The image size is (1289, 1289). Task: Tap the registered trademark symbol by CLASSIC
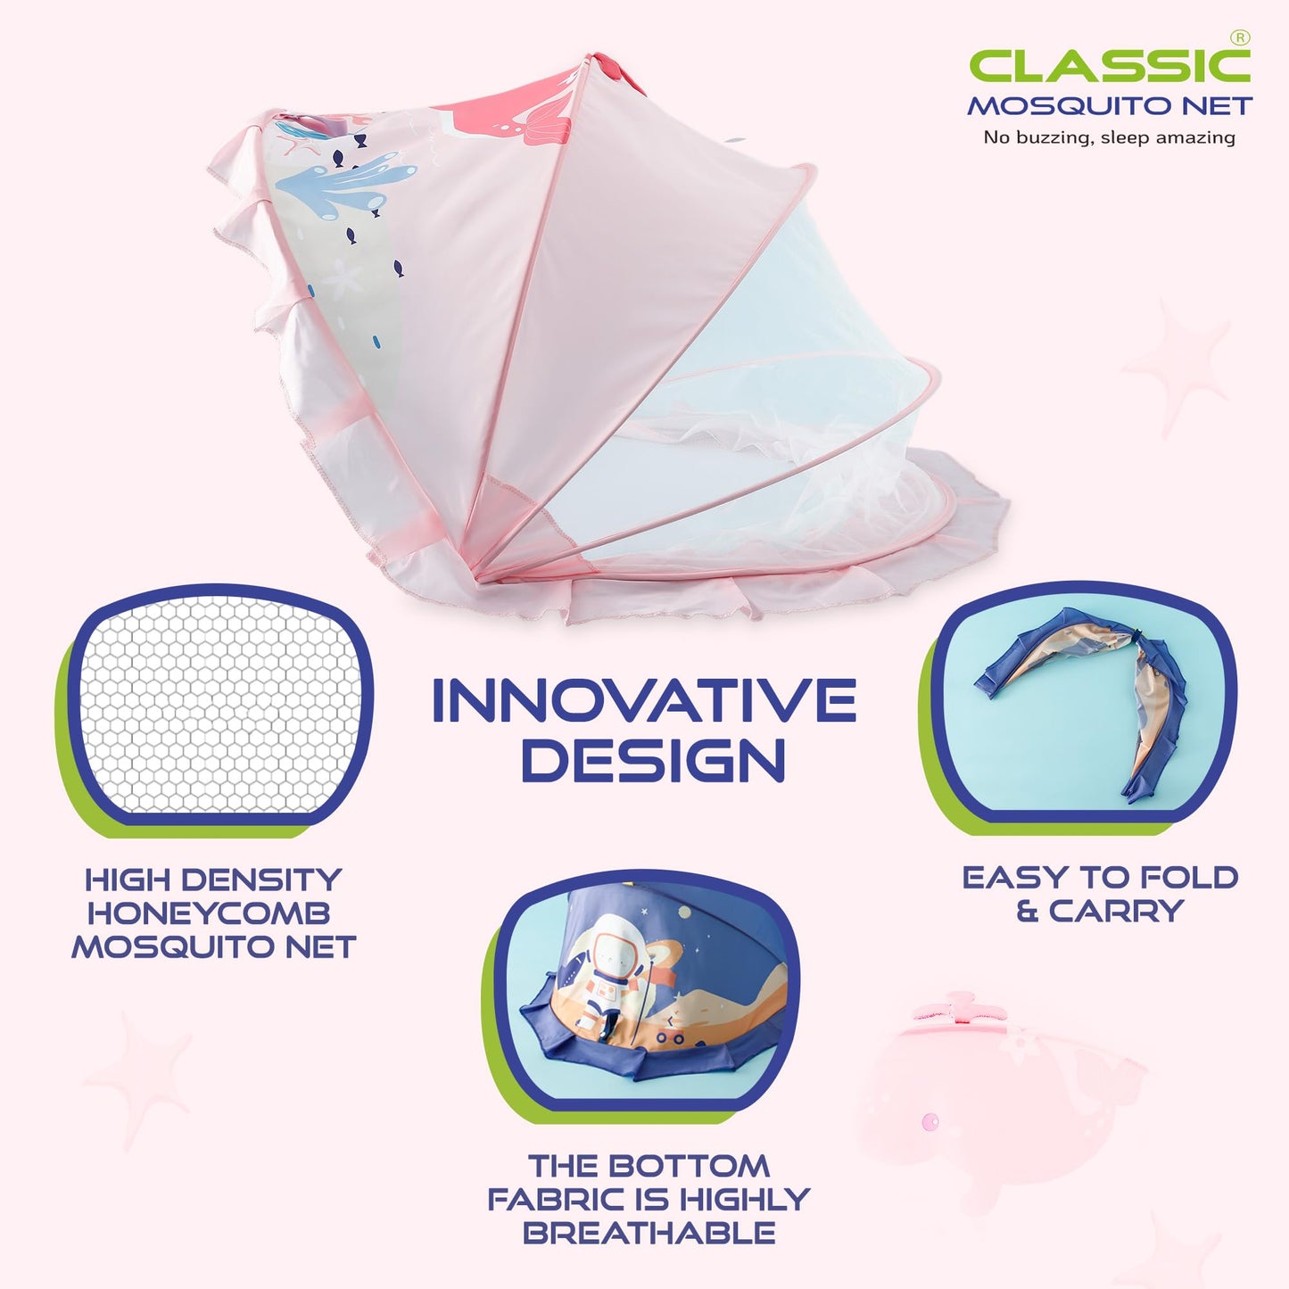point(1240,37)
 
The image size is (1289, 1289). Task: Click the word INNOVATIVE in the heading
point(643,701)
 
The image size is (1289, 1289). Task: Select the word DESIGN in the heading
point(653,761)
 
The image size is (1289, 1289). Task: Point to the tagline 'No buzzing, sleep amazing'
point(1109,137)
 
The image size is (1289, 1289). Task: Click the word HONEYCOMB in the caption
point(209,913)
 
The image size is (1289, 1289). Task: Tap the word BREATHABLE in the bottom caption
point(649,1233)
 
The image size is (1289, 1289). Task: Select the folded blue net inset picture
point(1079,705)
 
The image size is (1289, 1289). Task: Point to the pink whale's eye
point(930,1120)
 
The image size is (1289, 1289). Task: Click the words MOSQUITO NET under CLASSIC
point(1110,106)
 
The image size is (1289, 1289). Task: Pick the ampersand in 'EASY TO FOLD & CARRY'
point(1027,912)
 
